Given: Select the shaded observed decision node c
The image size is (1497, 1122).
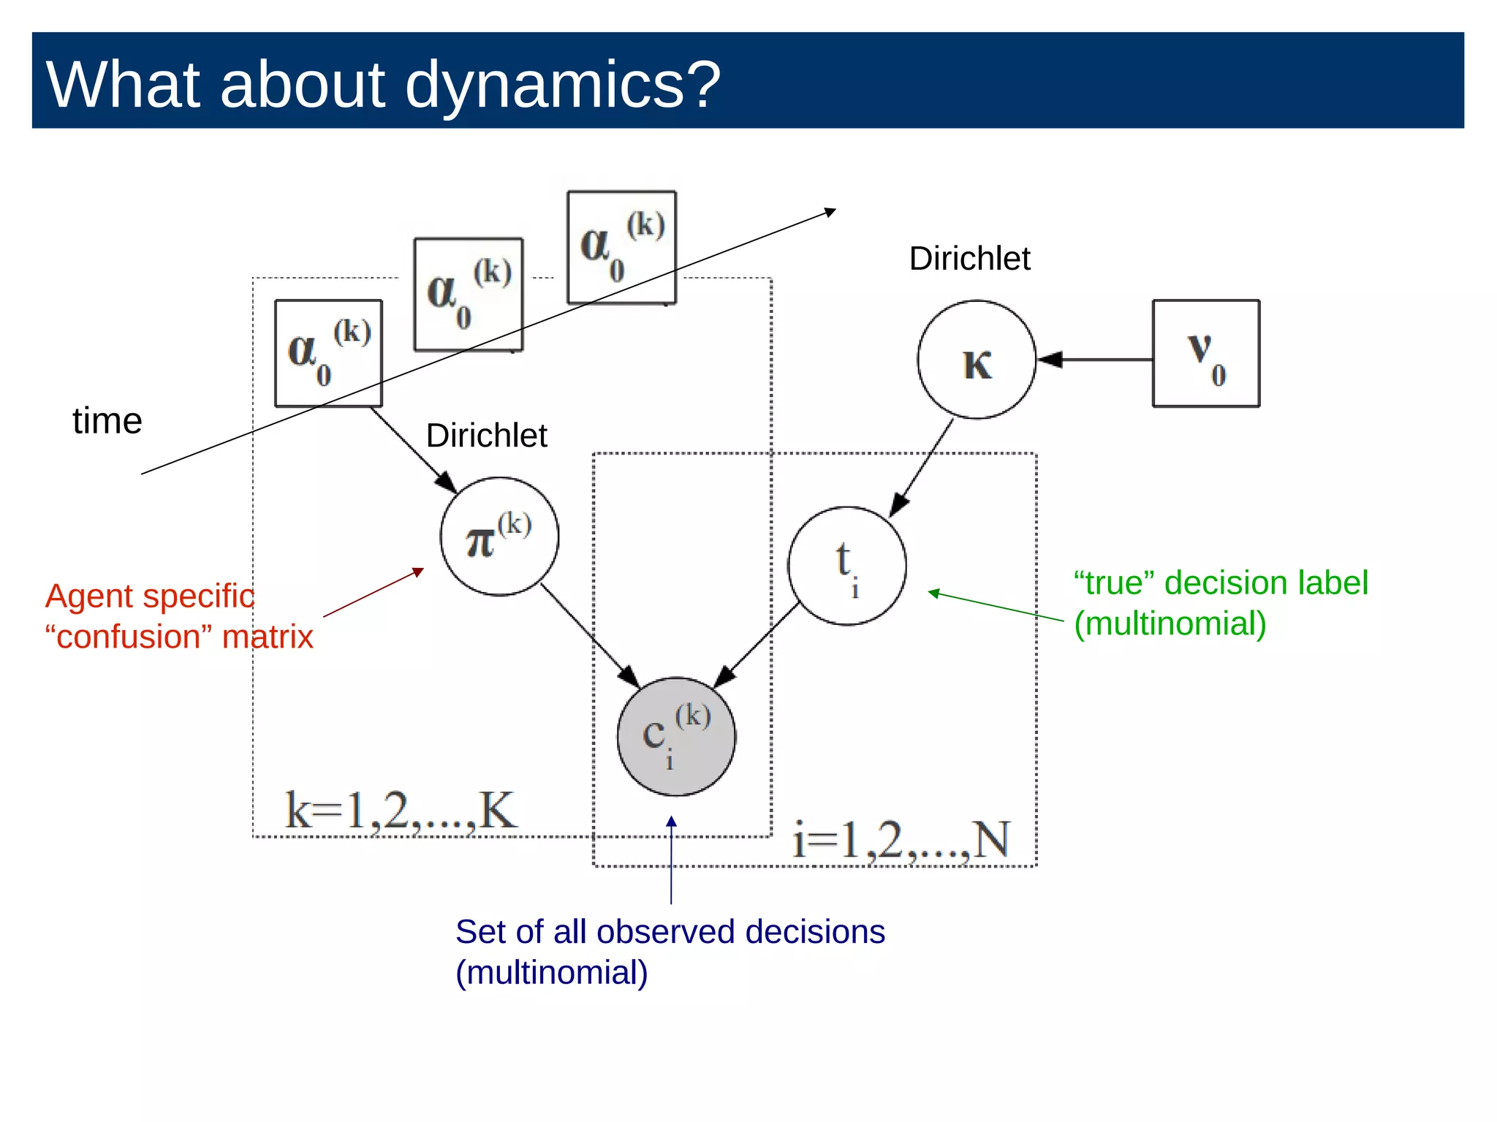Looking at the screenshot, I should [x=676, y=737].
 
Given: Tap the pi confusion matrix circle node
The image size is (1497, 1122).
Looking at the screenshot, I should [x=499, y=537].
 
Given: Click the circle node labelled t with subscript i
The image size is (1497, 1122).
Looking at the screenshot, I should [x=846, y=566].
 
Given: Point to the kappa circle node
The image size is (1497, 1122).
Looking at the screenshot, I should [x=977, y=360].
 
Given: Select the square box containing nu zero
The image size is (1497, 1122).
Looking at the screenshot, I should [x=1206, y=354].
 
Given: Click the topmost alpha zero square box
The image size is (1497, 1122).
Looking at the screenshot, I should [x=622, y=247].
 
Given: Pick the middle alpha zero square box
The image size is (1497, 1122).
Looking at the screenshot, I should [x=469, y=295].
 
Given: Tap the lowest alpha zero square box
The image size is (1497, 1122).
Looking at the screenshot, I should [x=328, y=353].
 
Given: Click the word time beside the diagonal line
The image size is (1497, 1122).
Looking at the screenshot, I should [x=107, y=421].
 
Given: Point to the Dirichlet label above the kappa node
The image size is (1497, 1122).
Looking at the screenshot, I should [x=969, y=259].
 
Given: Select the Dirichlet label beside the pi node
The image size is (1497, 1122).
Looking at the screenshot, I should [x=486, y=436].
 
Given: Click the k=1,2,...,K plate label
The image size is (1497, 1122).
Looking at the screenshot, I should [x=401, y=811].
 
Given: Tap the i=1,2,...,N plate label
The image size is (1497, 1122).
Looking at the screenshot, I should [x=901, y=840].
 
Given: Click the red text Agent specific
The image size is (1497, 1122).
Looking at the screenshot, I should [x=150, y=596].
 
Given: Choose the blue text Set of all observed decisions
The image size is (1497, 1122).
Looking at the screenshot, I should [x=670, y=932].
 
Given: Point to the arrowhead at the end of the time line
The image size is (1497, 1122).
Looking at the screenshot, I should [x=830, y=212].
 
